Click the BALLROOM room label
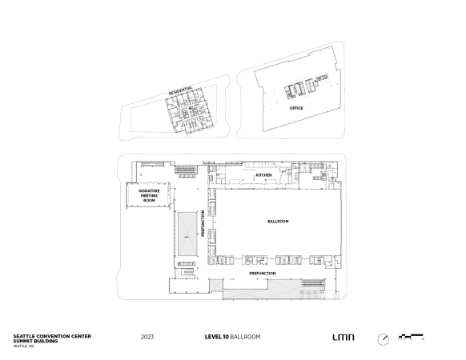click(278, 222)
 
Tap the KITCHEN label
click(263, 175)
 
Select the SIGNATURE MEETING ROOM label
click(149, 196)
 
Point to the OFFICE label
click(296, 108)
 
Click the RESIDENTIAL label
click(181, 90)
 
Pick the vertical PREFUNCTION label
click(203, 224)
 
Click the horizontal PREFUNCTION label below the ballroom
click(263, 274)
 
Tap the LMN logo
click(343, 337)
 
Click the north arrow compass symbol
click(383, 339)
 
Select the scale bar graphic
click(411, 337)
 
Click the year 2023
click(147, 337)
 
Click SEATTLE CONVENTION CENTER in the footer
click(52, 336)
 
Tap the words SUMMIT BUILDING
click(35, 341)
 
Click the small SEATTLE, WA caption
click(23, 346)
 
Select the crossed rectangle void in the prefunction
click(187, 234)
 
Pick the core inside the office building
click(306, 86)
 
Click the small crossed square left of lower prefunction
click(216, 285)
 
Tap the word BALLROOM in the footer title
click(246, 337)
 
